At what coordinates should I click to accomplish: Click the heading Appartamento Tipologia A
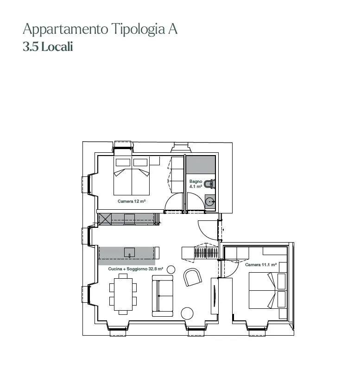100,30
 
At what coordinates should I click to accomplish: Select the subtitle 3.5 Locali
48,47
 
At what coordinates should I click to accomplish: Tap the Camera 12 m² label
132,201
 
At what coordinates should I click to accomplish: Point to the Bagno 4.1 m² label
196,184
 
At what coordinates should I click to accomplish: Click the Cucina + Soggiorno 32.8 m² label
136,269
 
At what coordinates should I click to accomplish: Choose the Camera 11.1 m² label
261,264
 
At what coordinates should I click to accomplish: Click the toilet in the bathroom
209,184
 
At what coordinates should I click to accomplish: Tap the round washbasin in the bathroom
209,202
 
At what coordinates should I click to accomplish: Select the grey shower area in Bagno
201,165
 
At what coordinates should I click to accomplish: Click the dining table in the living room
123,294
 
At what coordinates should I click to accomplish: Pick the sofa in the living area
163,295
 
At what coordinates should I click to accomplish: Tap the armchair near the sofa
193,277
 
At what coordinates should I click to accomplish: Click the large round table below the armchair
187,313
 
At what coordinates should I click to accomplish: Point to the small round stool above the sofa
171,269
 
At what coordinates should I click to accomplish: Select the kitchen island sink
129,252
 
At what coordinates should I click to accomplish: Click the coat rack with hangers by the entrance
206,253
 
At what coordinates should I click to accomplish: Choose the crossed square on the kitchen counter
105,219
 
